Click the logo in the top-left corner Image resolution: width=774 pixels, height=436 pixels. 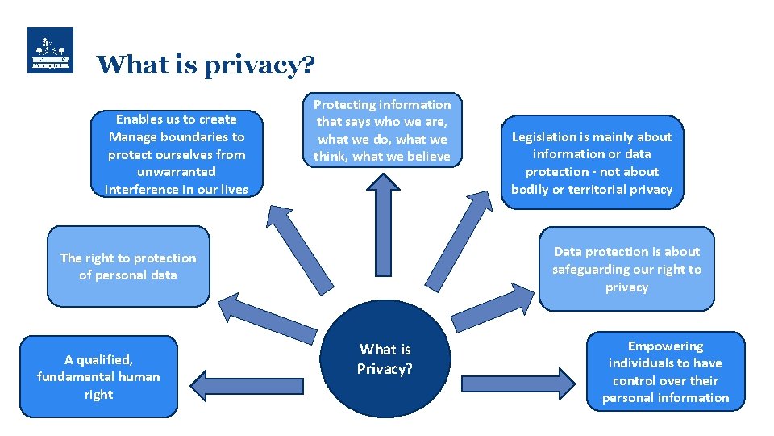click(50, 51)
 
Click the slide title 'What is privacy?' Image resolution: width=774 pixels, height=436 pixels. click(206, 65)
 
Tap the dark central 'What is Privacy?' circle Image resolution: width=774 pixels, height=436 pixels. click(385, 359)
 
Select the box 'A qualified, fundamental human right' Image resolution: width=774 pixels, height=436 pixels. click(98, 377)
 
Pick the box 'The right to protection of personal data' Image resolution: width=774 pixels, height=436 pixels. click(128, 266)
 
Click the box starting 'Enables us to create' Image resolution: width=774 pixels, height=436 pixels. click(177, 153)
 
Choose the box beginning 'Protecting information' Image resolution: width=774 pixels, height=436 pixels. click(382, 130)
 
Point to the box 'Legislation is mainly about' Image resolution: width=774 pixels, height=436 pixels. click(592, 163)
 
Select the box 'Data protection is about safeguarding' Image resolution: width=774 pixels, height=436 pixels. click(626, 269)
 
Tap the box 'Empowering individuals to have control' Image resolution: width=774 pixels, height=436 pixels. click(665, 372)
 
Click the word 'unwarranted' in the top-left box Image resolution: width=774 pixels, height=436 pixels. click(177, 171)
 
